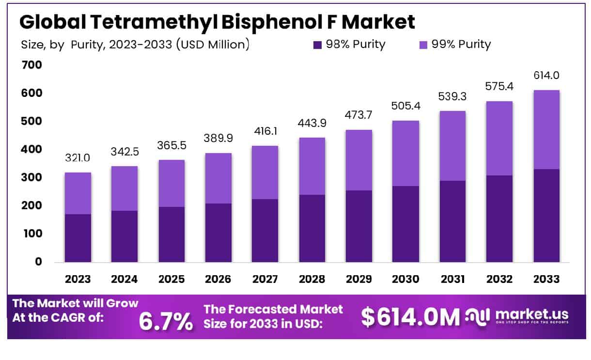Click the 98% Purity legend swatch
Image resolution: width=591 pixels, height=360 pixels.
pos(318,45)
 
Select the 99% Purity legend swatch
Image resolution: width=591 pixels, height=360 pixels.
pos(422,45)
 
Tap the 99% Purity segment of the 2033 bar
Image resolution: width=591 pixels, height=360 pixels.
pos(546,129)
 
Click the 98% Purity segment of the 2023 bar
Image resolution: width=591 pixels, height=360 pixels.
pos(78,238)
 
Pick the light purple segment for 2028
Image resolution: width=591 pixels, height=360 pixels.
pos(311,166)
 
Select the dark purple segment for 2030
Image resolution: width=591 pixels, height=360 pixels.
pos(405,224)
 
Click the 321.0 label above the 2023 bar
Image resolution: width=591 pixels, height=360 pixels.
pos(78,158)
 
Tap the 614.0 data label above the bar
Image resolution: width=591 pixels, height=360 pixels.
pos(546,76)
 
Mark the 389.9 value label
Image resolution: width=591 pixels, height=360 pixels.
pos(218,139)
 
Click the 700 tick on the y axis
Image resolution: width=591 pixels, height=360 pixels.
pos(31,65)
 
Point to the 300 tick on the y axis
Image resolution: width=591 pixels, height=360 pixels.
pos(31,177)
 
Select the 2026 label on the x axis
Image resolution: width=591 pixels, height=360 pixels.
pos(218,280)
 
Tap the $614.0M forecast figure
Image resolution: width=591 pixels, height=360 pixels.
pos(410,317)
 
